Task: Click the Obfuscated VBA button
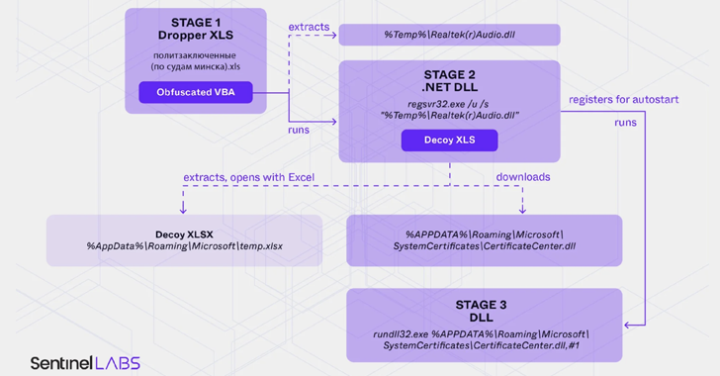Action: click(196, 93)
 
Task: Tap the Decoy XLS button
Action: click(449, 140)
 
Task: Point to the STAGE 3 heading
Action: click(485, 304)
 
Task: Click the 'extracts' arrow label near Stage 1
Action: click(310, 26)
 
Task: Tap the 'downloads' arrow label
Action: click(523, 177)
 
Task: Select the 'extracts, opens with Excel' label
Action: click(248, 177)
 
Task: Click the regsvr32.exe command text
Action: click(449, 103)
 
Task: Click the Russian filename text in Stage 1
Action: click(196, 59)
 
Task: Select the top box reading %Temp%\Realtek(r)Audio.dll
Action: click(449, 36)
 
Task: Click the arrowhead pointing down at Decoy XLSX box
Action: click(183, 210)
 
